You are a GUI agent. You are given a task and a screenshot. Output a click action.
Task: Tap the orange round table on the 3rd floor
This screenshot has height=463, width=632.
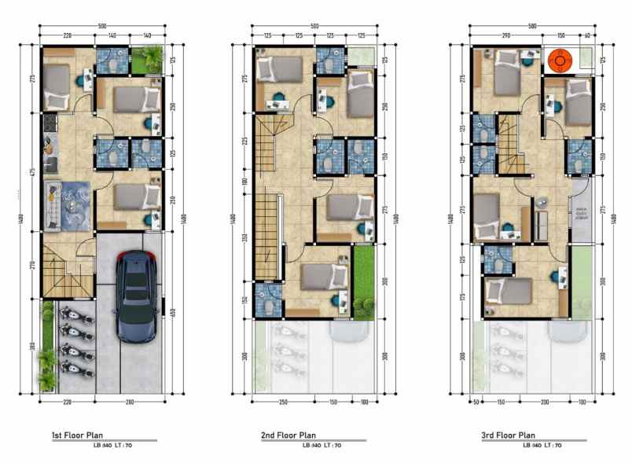coord(560,59)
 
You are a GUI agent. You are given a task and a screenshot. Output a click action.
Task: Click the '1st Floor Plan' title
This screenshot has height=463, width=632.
coord(76,435)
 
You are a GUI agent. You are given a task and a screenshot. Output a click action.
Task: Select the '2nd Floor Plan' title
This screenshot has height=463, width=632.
coord(288,435)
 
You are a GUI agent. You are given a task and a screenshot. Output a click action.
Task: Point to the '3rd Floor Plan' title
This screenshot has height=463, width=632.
coord(508,435)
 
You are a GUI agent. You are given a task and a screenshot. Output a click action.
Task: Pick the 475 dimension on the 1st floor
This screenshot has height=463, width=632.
coord(34,174)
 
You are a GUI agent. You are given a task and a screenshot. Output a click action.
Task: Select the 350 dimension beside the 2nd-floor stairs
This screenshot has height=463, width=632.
coord(245,237)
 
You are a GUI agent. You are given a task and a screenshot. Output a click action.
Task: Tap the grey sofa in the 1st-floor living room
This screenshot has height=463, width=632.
coord(51,204)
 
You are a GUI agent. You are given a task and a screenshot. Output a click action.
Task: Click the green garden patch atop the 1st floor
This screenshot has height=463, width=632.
coord(148,59)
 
